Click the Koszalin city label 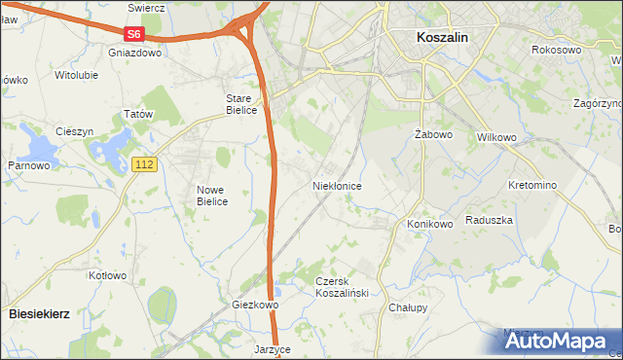click(442, 36)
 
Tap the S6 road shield click(134, 34)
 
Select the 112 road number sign click(144, 165)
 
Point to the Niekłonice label click(338, 185)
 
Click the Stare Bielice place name click(241, 104)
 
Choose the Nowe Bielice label click(211, 196)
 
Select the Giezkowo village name click(255, 305)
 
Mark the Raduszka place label click(489, 221)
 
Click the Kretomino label click(531, 185)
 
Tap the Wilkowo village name click(495, 137)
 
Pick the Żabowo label click(430, 134)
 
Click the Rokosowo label click(556, 49)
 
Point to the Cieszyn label click(74, 131)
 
